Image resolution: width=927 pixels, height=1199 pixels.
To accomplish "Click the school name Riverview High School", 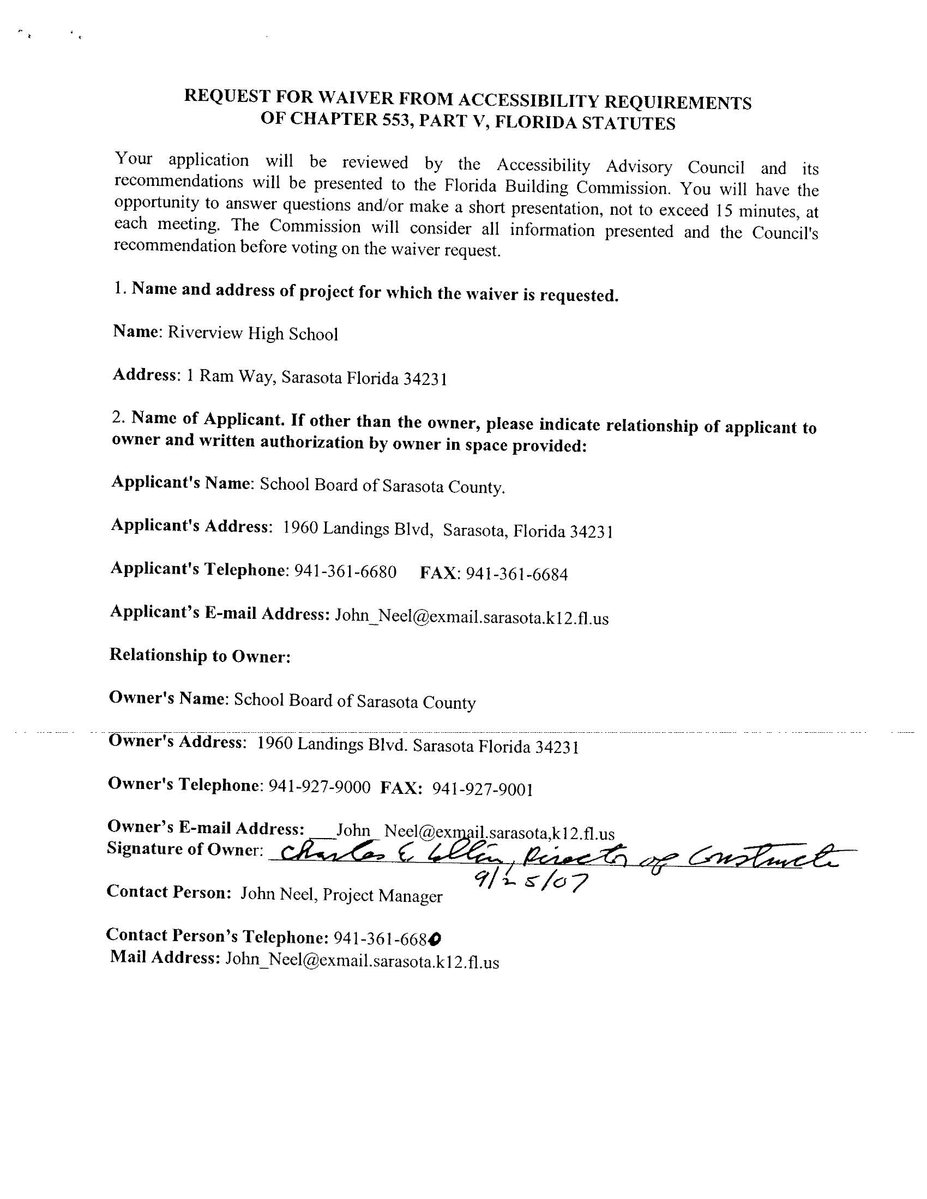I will (x=252, y=333).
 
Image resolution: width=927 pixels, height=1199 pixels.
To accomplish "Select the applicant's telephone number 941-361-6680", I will (x=345, y=571).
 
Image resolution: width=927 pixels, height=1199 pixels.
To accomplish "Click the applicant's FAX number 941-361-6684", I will (x=516, y=574).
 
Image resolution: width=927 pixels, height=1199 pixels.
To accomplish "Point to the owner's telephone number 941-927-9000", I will (x=319, y=787).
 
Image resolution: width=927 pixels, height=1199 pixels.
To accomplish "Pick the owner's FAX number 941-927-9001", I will (x=482, y=789).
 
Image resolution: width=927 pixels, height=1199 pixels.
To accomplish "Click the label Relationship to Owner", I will (x=200, y=655).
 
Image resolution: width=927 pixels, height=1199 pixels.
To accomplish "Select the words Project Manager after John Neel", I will (x=382, y=895).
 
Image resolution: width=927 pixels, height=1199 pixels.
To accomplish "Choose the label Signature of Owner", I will (x=185, y=849).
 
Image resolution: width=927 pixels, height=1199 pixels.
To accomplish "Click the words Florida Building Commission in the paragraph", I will (x=557, y=186).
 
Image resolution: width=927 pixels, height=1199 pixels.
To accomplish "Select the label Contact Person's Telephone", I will (x=218, y=936).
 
